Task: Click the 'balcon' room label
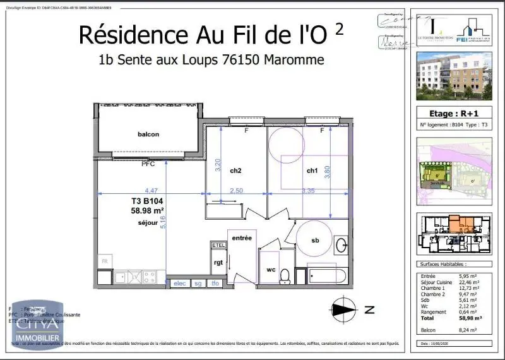coord(148,134)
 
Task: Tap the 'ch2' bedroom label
coord(235,171)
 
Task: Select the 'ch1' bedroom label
coord(312,171)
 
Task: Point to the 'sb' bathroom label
coord(315,241)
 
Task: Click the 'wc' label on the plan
coord(271,270)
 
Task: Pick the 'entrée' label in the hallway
coord(242,238)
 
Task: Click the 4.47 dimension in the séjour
coord(151,189)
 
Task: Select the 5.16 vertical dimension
coord(162,222)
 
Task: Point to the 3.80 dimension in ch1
coord(327,172)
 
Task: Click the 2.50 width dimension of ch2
coord(236,190)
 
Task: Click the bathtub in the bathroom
coord(325,275)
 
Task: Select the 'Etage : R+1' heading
coord(454,114)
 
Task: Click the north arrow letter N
coord(370,309)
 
